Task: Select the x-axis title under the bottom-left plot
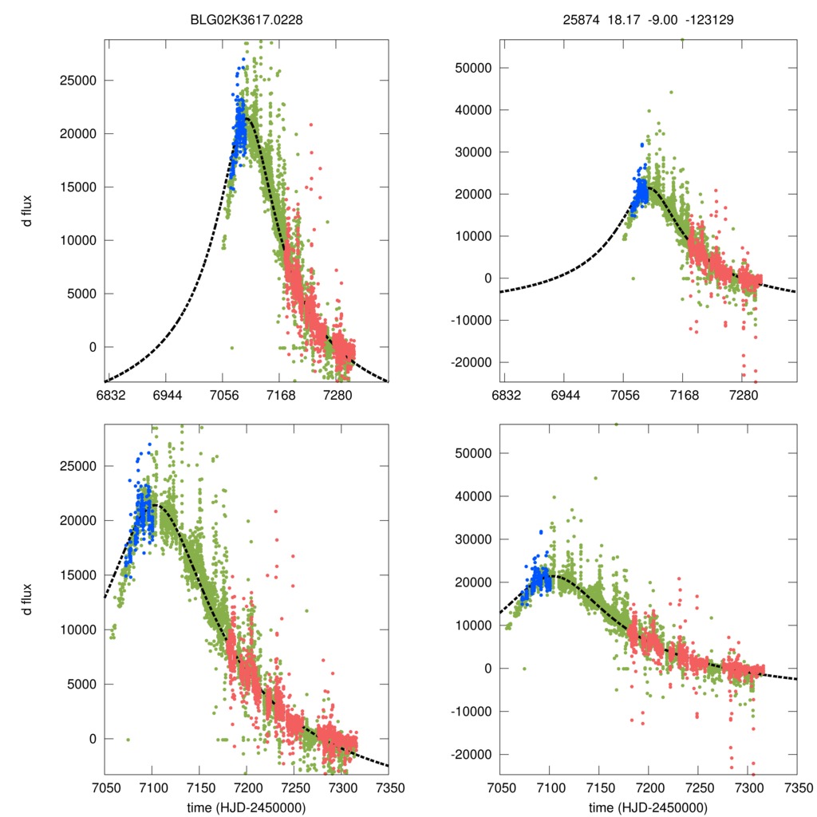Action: [x=247, y=807]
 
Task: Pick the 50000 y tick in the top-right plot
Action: [x=475, y=67]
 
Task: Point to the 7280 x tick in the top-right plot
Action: [x=743, y=396]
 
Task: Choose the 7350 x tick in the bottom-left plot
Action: [x=389, y=787]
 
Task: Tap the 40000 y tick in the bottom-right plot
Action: [x=475, y=496]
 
